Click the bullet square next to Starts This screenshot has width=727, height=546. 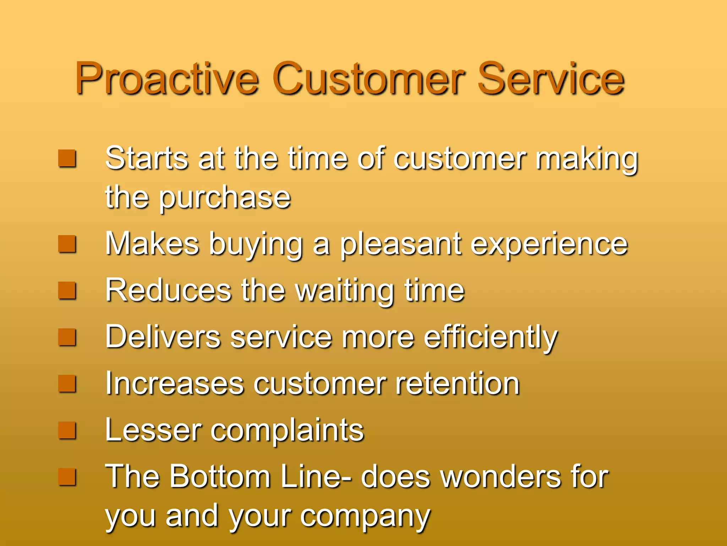67,159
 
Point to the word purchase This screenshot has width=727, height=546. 224,198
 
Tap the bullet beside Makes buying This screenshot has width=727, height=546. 67,244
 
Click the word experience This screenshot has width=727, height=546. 549,244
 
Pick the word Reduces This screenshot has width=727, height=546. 168,291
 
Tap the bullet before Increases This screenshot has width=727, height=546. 67,384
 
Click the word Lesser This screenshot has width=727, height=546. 153,430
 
